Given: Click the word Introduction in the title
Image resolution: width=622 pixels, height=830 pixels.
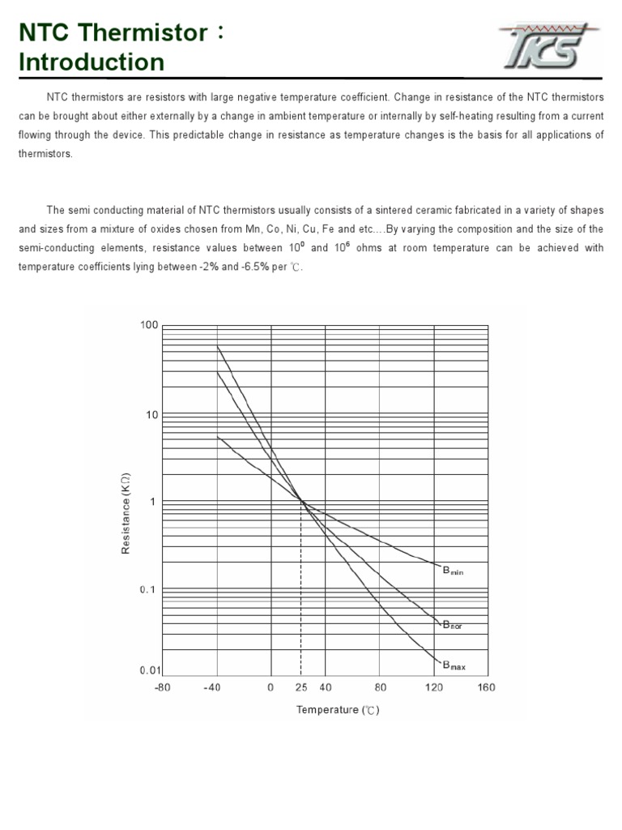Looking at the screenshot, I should pyautogui.click(x=92, y=62).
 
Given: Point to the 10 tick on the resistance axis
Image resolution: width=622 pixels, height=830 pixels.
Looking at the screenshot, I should pyautogui.click(x=151, y=415).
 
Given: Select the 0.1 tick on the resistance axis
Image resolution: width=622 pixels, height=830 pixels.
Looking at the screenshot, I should pyautogui.click(x=147, y=589).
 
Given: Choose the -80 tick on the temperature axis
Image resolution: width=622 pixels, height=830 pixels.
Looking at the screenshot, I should pyautogui.click(x=163, y=687).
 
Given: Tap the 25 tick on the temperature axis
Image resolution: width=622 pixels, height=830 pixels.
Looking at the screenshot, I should pyautogui.click(x=300, y=687).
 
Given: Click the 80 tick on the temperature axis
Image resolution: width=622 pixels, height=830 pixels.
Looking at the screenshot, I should pyautogui.click(x=381, y=687).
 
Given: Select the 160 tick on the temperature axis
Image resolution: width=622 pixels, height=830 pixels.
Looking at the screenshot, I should pyautogui.click(x=486, y=687).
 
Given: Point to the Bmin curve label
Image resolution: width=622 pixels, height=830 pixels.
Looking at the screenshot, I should pyautogui.click(x=452, y=571).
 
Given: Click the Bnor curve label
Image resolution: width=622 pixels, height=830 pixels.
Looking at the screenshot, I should pyautogui.click(x=451, y=625).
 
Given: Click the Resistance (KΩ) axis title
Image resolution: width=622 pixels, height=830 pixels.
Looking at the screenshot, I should pyautogui.click(x=126, y=515).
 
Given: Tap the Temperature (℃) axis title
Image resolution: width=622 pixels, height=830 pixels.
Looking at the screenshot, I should pyautogui.click(x=338, y=710).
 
